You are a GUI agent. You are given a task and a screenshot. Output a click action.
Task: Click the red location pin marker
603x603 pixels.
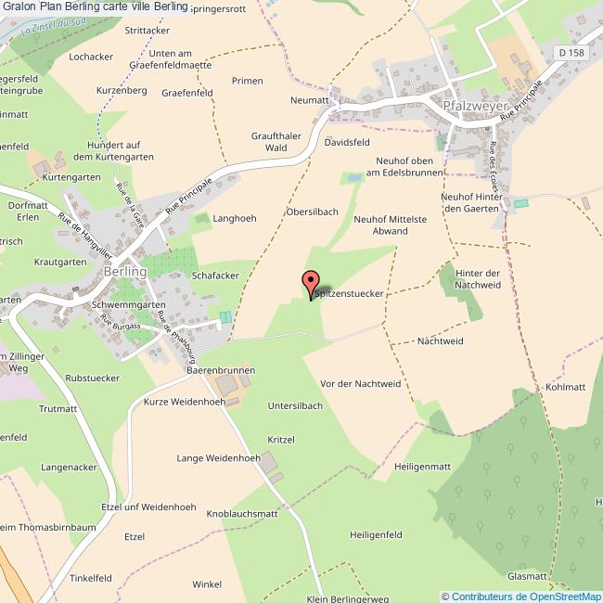311,282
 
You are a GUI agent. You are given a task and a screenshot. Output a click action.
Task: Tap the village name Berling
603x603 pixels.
125,272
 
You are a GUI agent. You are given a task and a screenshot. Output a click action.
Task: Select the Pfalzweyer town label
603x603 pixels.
472,106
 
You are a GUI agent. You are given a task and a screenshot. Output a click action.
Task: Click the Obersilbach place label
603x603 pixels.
312,212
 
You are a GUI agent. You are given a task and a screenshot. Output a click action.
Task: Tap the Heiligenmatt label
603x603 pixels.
422,466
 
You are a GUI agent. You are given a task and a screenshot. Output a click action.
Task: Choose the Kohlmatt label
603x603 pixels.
565,387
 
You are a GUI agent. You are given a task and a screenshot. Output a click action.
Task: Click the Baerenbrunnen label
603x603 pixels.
221,370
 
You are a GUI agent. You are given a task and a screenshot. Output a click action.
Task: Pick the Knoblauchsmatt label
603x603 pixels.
242,513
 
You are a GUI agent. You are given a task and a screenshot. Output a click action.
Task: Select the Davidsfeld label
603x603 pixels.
347,143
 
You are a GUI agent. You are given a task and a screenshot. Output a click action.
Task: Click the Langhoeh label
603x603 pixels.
235,218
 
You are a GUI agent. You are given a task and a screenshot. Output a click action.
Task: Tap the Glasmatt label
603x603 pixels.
527,576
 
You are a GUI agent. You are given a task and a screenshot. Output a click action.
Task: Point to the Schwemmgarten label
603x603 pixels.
129,304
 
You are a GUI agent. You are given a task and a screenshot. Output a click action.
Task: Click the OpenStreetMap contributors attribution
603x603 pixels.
521,596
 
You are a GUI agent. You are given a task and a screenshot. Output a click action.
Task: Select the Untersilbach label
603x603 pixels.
294,405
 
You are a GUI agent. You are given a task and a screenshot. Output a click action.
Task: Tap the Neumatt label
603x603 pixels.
310,99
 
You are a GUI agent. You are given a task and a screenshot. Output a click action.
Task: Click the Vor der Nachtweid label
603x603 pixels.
360,383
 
